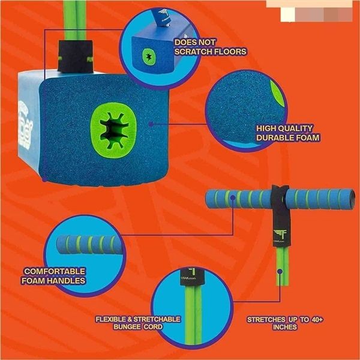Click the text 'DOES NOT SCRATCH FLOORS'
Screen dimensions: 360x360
pos(209,47)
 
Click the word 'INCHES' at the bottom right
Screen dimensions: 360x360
pos(285,328)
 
